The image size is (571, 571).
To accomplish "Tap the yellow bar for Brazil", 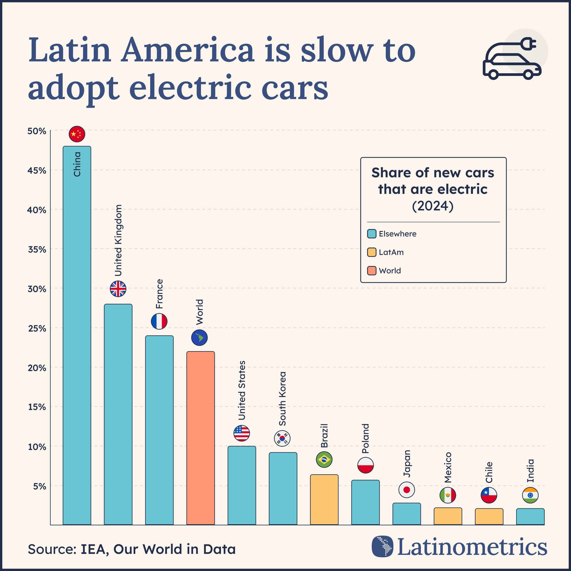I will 324,499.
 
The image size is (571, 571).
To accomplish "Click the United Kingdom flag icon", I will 118,288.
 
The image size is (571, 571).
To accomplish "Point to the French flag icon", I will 159,321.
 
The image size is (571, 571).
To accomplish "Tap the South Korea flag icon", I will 282,438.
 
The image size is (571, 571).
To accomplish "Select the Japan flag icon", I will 407,490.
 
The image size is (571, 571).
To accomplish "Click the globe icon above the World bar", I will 199,338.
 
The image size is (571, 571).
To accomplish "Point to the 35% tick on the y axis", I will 37,250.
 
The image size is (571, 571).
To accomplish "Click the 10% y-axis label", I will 37,447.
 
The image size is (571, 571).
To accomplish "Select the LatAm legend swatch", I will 372,252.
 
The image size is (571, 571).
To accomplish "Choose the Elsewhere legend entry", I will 397,234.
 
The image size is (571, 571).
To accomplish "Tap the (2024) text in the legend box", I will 433,206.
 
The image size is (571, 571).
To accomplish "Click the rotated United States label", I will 242,390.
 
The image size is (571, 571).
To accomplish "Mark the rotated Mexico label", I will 448,468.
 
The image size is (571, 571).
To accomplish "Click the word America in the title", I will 187,50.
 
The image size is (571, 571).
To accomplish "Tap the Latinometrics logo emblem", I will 382,546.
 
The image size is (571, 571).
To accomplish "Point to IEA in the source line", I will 93,549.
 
